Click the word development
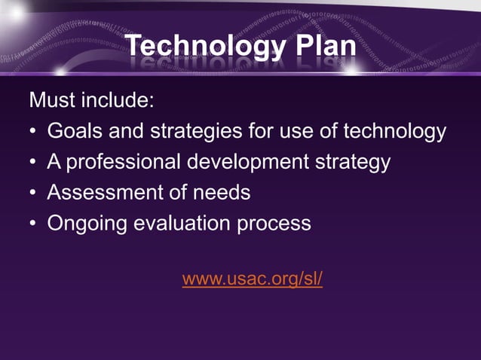[244, 162]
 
